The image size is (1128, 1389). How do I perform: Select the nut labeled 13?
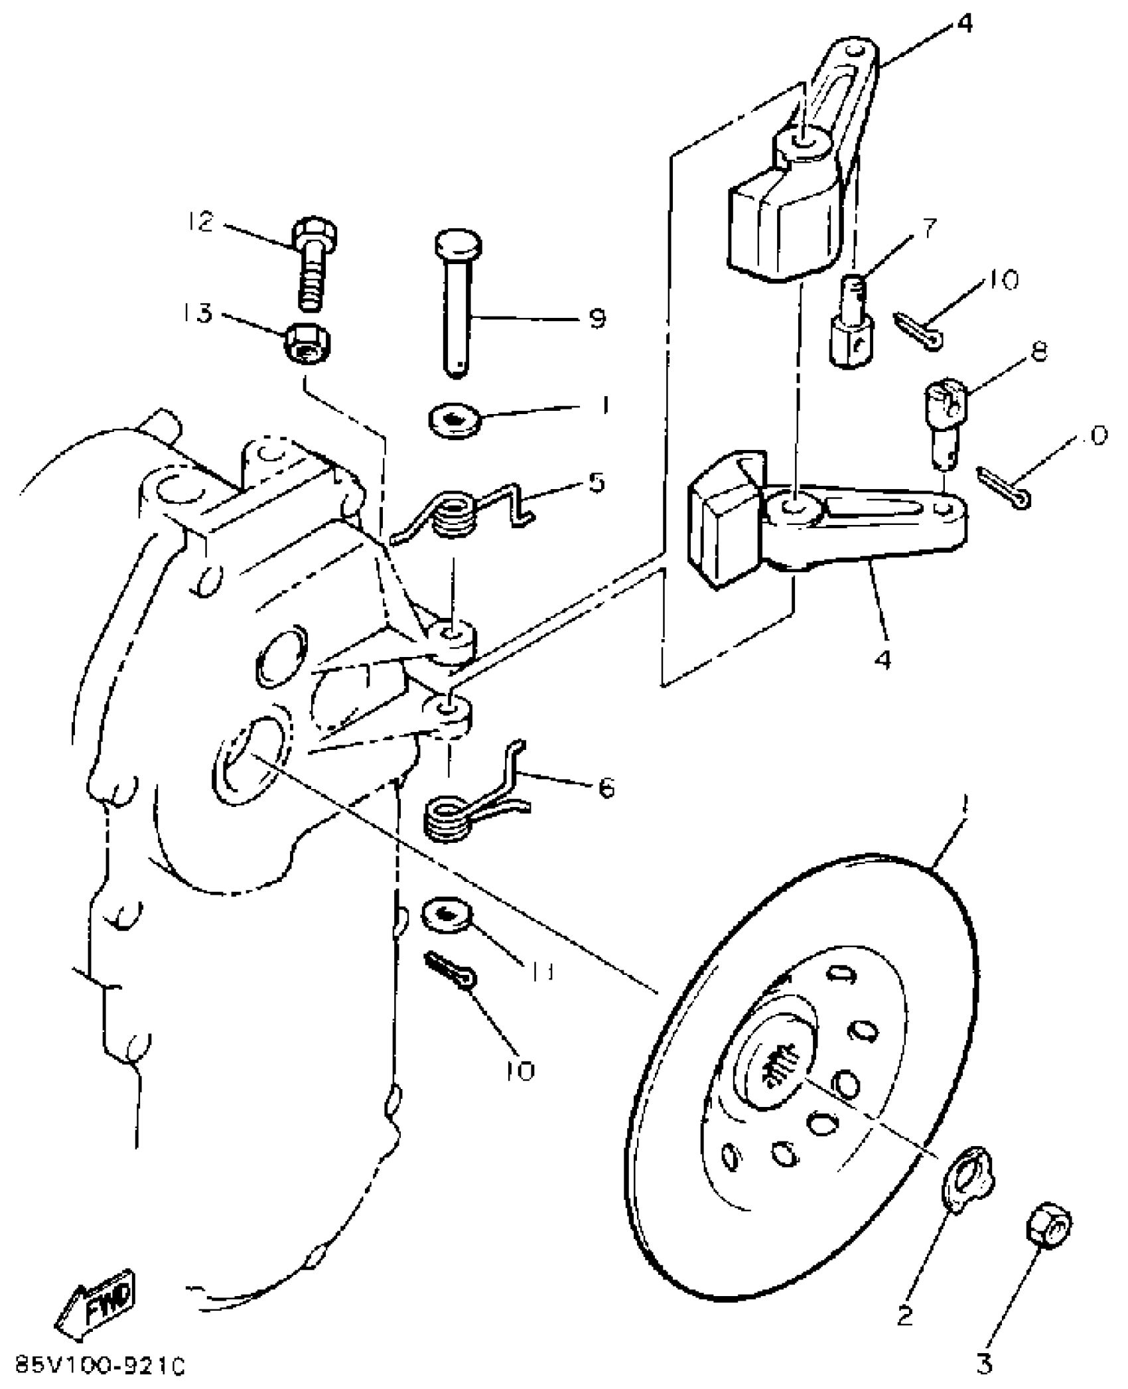pos(307,346)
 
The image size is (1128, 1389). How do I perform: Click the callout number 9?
pos(597,319)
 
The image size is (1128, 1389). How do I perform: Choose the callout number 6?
pos(605,788)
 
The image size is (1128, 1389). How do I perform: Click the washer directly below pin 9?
pos(455,422)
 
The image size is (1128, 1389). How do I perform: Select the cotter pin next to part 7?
pos(918,331)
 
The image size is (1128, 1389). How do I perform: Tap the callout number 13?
pos(200,313)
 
